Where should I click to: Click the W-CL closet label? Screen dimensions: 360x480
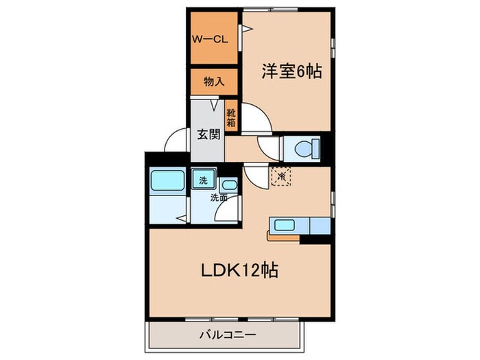point(210,39)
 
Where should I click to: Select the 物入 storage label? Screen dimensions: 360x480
point(214,82)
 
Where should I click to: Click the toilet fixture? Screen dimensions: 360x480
point(302,147)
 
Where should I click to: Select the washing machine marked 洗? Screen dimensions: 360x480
point(202,181)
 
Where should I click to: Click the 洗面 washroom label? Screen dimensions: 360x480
point(219,197)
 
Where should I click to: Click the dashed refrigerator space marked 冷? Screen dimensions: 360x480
point(282,176)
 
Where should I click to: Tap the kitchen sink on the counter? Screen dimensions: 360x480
point(284,225)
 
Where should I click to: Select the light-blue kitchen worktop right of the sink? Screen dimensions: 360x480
point(319,225)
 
